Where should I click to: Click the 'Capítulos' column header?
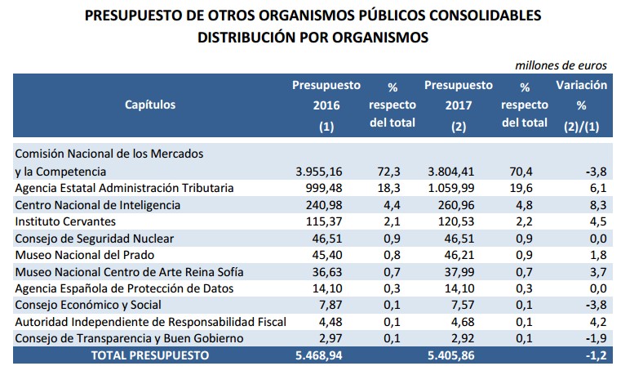(x=150, y=105)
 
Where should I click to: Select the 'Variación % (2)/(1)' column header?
(x=581, y=105)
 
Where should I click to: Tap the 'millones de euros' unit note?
(x=561, y=64)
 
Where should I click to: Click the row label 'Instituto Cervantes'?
(x=65, y=221)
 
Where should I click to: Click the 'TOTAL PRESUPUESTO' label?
(x=150, y=355)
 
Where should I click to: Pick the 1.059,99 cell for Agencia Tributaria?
(x=458, y=188)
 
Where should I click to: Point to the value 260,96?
(x=464, y=205)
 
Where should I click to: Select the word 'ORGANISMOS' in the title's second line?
(x=383, y=37)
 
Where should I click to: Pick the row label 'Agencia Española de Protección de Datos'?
(x=125, y=288)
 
